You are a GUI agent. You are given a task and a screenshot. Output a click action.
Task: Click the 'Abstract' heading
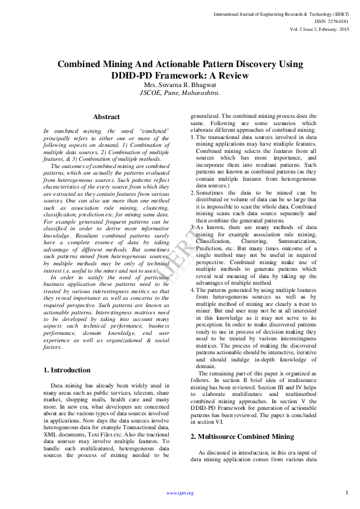pyautogui.click(x=106, y=117)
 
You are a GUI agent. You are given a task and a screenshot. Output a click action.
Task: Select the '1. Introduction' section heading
pyautogui.click(x=68, y=370)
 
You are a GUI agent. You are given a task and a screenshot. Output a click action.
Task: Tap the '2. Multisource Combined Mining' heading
pyautogui.click(x=234, y=436)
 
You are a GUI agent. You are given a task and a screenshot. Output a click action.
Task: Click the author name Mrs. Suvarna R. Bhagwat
pyautogui.click(x=180, y=85)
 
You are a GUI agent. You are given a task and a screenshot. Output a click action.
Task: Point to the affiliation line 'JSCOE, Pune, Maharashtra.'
pyautogui.click(x=180, y=94)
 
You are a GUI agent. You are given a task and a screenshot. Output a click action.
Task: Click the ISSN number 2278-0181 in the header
pyautogui.click(x=333, y=21)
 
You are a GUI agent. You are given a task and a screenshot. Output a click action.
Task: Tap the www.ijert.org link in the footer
pyautogui.click(x=180, y=493)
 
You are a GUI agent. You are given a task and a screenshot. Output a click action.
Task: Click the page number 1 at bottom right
pyautogui.click(x=347, y=492)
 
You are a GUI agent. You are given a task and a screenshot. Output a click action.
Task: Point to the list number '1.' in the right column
pyautogui.click(x=193, y=138)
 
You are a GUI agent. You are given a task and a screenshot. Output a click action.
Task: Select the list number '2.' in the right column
pyautogui.click(x=193, y=192)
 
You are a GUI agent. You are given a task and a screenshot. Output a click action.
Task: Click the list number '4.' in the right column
pyautogui.click(x=193, y=273)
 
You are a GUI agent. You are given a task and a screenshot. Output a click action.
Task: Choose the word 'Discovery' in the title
pyautogui.click(x=250, y=64)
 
